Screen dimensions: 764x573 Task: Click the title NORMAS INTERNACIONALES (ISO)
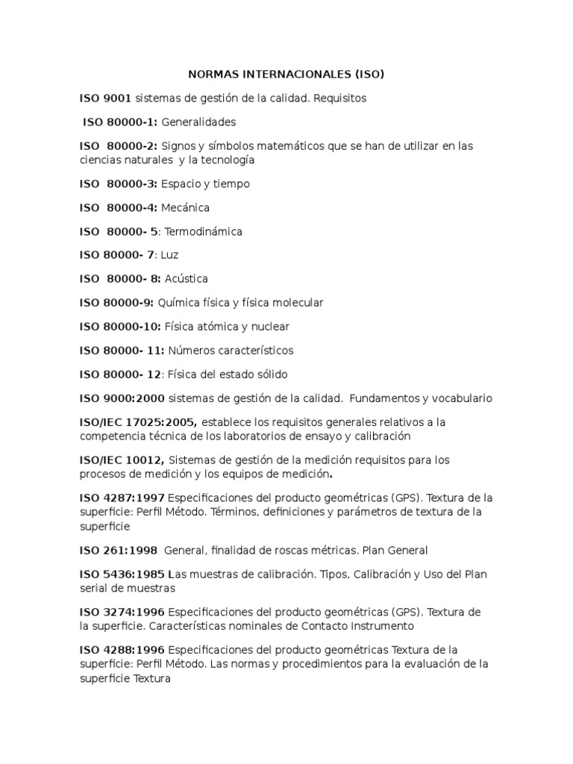click(x=286, y=75)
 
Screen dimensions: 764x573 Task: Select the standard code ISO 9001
click(x=105, y=98)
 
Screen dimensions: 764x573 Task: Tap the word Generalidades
click(x=198, y=122)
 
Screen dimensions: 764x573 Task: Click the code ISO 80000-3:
click(x=119, y=184)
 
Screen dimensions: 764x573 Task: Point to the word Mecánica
click(x=186, y=207)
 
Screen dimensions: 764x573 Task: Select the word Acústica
click(x=186, y=279)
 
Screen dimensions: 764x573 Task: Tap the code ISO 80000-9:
click(x=116, y=302)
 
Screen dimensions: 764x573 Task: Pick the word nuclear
click(x=272, y=326)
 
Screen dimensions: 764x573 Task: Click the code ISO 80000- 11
click(x=121, y=350)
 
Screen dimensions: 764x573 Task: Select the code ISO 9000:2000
click(x=122, y=398)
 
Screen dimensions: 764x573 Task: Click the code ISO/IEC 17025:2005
click(x=138, y=422)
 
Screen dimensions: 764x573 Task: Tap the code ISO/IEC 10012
click(x=122, y=460)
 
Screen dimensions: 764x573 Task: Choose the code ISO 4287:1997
click(x=122, y=498)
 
